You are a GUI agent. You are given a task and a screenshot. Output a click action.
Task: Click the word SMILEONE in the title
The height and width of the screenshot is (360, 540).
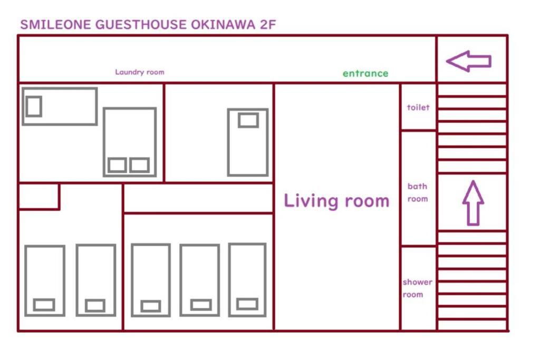coord(55,25)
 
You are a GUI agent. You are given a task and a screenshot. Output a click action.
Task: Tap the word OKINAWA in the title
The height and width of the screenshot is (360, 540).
coord(223,25)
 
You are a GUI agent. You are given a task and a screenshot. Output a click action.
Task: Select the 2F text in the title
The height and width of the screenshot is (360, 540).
coord(268,25)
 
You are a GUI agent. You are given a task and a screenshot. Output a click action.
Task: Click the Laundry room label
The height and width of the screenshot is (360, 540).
coord(139,72)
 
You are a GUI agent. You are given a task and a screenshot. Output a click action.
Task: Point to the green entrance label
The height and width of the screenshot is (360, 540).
coord(365,73)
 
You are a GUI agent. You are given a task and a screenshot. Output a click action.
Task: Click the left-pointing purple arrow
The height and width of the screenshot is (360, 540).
coord(469,61)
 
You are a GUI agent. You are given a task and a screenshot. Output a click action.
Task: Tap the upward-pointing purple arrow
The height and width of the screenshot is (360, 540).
coord(473,203)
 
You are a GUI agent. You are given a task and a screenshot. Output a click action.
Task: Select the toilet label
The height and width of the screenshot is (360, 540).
coord(418,108)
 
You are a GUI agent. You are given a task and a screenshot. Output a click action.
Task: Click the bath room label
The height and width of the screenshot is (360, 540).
coord(418,192)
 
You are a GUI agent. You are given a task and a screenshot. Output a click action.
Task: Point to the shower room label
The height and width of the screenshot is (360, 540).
coord(417,288)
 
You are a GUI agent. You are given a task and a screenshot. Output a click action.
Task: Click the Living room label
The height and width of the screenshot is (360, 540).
coord(336,201)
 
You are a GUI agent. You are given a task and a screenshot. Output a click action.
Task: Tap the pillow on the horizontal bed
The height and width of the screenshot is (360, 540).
coord(34,106)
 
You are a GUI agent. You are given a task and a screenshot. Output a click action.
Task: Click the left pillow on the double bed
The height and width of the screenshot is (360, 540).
coord(117,165)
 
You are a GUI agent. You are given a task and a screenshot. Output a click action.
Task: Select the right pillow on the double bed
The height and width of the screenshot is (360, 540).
coord(139,165)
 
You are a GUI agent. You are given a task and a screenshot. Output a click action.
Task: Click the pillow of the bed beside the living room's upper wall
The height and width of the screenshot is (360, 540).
coord(248,120)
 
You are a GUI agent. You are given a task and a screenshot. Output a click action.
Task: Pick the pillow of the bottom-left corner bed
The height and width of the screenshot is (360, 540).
coord(44,305)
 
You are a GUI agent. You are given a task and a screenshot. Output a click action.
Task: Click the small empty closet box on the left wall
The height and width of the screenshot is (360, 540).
coord(38,196)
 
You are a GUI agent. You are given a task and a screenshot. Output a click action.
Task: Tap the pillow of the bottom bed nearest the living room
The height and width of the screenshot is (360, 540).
coord(247,304)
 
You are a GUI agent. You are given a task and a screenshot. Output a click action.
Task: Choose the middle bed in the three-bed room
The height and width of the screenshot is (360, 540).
coord(200,280)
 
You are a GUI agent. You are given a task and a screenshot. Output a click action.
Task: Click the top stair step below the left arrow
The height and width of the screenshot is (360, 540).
coord(472,90)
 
